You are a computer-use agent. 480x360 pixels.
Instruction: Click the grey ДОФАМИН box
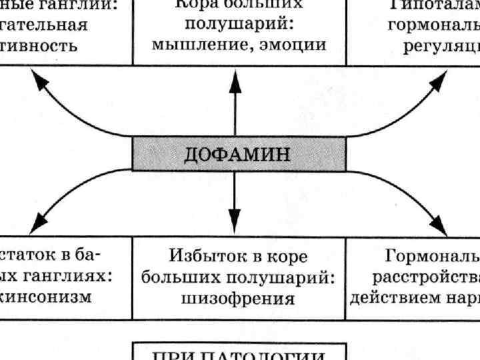[239, 154]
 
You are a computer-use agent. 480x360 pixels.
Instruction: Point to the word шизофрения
[238, 298]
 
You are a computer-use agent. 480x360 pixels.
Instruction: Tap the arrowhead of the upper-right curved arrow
[440, 81]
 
